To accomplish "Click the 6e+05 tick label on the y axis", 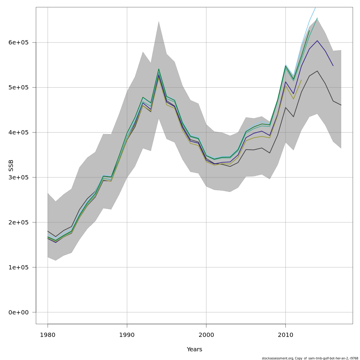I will coord(18,42).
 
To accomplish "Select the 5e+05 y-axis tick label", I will coord(18,87).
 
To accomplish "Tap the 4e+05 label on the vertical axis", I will coord(18,132).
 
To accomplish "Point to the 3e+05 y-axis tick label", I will coord(18,177).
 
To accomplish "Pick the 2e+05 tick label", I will coord(18,222).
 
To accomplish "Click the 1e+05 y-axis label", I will coord(18,267).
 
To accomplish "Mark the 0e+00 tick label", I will coord(18,312).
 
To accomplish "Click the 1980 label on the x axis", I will coord(48,335).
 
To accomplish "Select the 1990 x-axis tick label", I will coord(127,335).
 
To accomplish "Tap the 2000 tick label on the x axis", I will coord(206,335).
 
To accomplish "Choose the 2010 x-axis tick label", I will coord(285,335).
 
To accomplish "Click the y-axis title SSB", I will coord(11,166).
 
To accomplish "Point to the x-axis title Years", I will coord(194,349).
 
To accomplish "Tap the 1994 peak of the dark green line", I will coord(159,69).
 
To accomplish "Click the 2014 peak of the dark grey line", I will coord(317,71).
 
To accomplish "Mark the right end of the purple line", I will coord(333,65).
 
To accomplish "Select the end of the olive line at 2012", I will coord(301,80).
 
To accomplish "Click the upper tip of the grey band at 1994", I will coord(159,21).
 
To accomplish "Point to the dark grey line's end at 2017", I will coord(341,105).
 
